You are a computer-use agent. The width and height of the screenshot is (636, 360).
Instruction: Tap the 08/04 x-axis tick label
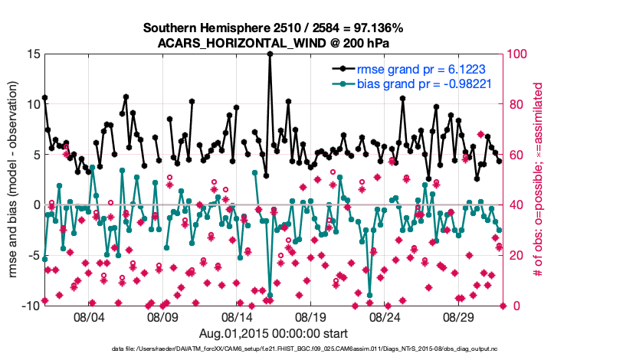[x=88, y=316]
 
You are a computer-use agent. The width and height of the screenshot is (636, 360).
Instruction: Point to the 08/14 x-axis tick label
[x=237, y=316]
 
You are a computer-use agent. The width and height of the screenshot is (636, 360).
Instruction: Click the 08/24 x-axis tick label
[x=385, y=316]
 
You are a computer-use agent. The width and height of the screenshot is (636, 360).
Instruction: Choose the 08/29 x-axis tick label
[x=459, y=316]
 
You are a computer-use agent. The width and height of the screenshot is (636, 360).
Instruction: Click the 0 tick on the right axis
[x=511, y=306]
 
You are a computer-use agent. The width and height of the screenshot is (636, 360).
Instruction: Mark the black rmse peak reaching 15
[x=270, y=54]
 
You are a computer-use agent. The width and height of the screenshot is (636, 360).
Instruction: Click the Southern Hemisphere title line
[x=272, y=28]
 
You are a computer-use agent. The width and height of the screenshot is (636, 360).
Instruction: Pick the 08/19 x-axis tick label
[x=311, y=316]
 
